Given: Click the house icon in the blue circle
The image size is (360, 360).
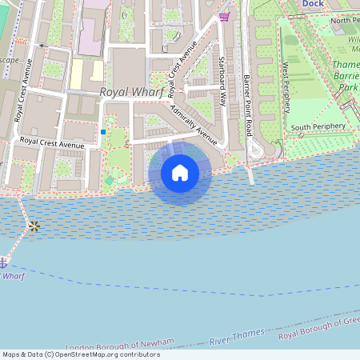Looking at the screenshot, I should pos(180,172).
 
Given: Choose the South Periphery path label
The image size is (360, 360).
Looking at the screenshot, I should pos(318,127).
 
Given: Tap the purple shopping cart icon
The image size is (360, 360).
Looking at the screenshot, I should pos(225,17).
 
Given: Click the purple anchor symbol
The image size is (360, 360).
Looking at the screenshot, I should pos(3,262).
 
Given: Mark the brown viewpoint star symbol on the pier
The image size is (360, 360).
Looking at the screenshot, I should pos(34,226).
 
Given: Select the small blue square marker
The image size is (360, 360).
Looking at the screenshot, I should pos(103,131).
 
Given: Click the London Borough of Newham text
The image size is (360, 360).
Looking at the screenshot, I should pos(119,344).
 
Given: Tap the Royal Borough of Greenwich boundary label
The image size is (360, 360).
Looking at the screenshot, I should pos(319,332).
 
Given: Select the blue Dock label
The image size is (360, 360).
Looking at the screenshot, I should pos(314,4).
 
